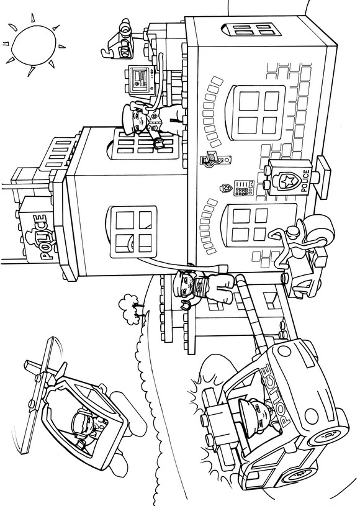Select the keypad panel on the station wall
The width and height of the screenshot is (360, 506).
coord(244,189)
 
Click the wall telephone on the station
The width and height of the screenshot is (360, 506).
coord(215,160)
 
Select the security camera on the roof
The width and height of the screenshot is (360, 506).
coord(123,38)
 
